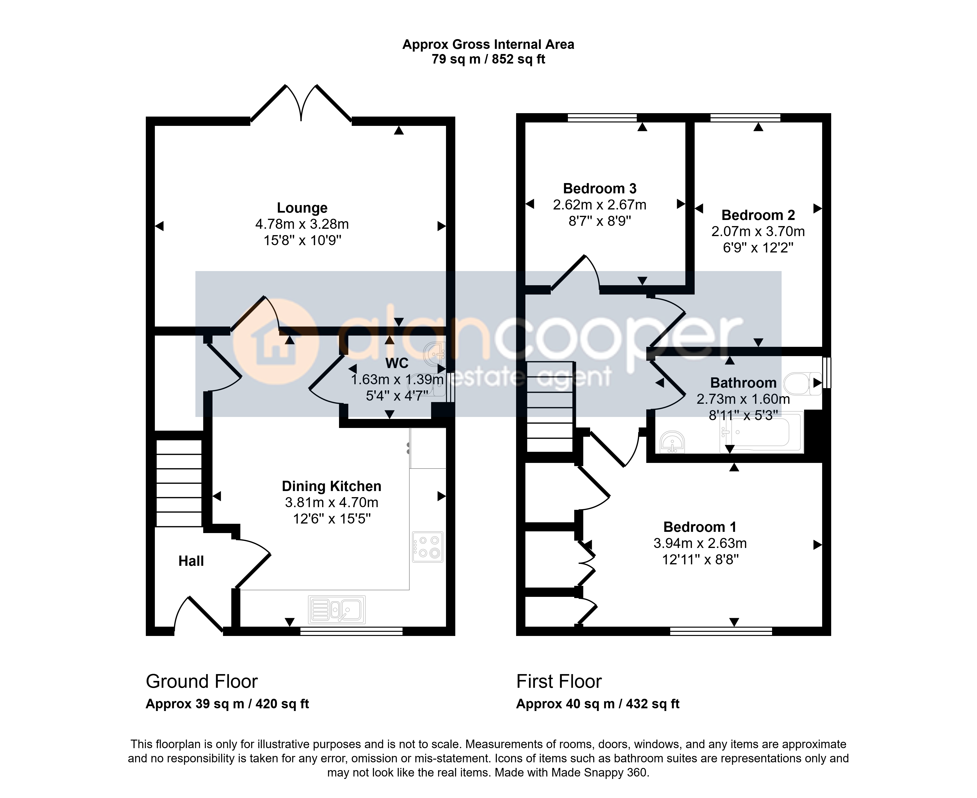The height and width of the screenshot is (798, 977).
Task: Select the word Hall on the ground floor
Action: (191, 561)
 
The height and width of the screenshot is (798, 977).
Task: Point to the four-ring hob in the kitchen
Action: (428, 547)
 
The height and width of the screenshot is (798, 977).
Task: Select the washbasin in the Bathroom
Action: (672, 442)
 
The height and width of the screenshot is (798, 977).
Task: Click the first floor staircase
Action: (550, 406)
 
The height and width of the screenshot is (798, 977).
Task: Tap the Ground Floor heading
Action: (202, 681)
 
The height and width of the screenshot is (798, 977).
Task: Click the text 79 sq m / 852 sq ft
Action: (488, 59)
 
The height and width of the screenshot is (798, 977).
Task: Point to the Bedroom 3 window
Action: (602, 118)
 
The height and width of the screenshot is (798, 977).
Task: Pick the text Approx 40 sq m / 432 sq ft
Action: (598, 704)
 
